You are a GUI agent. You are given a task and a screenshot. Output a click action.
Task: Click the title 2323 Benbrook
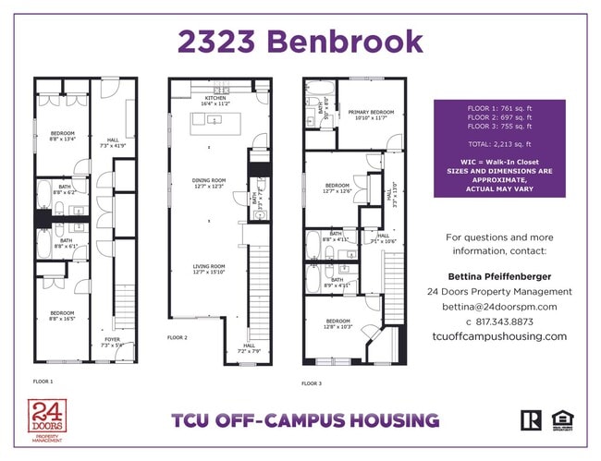point(300,41)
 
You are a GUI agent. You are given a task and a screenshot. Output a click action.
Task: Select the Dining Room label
point(209,183)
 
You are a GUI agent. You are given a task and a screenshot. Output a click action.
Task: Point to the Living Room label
point(209,268)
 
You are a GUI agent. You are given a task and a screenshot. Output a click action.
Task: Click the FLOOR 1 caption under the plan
point(43,381)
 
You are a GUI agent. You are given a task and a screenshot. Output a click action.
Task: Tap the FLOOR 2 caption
point(178,338)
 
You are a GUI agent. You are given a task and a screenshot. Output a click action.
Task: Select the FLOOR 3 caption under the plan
point(313,382)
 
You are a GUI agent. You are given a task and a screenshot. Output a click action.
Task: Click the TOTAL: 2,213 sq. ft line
point(499,146)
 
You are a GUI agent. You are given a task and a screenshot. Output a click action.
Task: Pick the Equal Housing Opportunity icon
point(562,420)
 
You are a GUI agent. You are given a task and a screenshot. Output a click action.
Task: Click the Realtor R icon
point(531,420)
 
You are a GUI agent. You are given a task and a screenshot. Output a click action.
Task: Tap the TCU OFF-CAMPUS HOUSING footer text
point(305,421)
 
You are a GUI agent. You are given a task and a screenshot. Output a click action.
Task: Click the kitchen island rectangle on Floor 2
point(215,123)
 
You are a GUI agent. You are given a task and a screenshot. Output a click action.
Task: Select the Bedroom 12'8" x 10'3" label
point(338,324)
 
